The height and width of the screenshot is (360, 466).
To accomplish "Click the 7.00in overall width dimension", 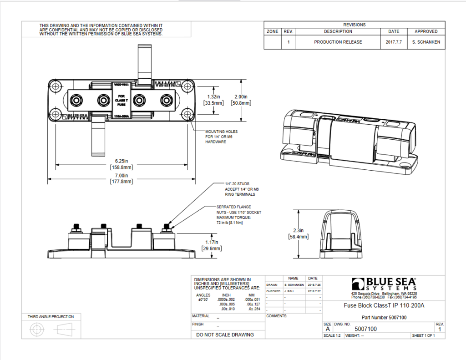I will pos(121,178).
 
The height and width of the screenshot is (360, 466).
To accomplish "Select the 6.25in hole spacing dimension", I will pos(121,164).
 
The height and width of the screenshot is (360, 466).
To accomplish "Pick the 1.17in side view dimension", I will pos(212,245).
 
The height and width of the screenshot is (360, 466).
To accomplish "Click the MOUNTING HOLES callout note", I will pos(222,137).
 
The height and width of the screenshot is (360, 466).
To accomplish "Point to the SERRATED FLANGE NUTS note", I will pos(238,215).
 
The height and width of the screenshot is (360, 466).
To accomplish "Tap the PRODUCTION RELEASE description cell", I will pos(338,42).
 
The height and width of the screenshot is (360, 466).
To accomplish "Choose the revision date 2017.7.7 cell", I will pos(393,42).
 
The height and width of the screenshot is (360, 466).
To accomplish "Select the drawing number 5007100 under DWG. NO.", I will pos(365,329).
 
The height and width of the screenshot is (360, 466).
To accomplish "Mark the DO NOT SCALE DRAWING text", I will pos(225,335).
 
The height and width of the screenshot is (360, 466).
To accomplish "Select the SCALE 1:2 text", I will pos(332,335).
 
